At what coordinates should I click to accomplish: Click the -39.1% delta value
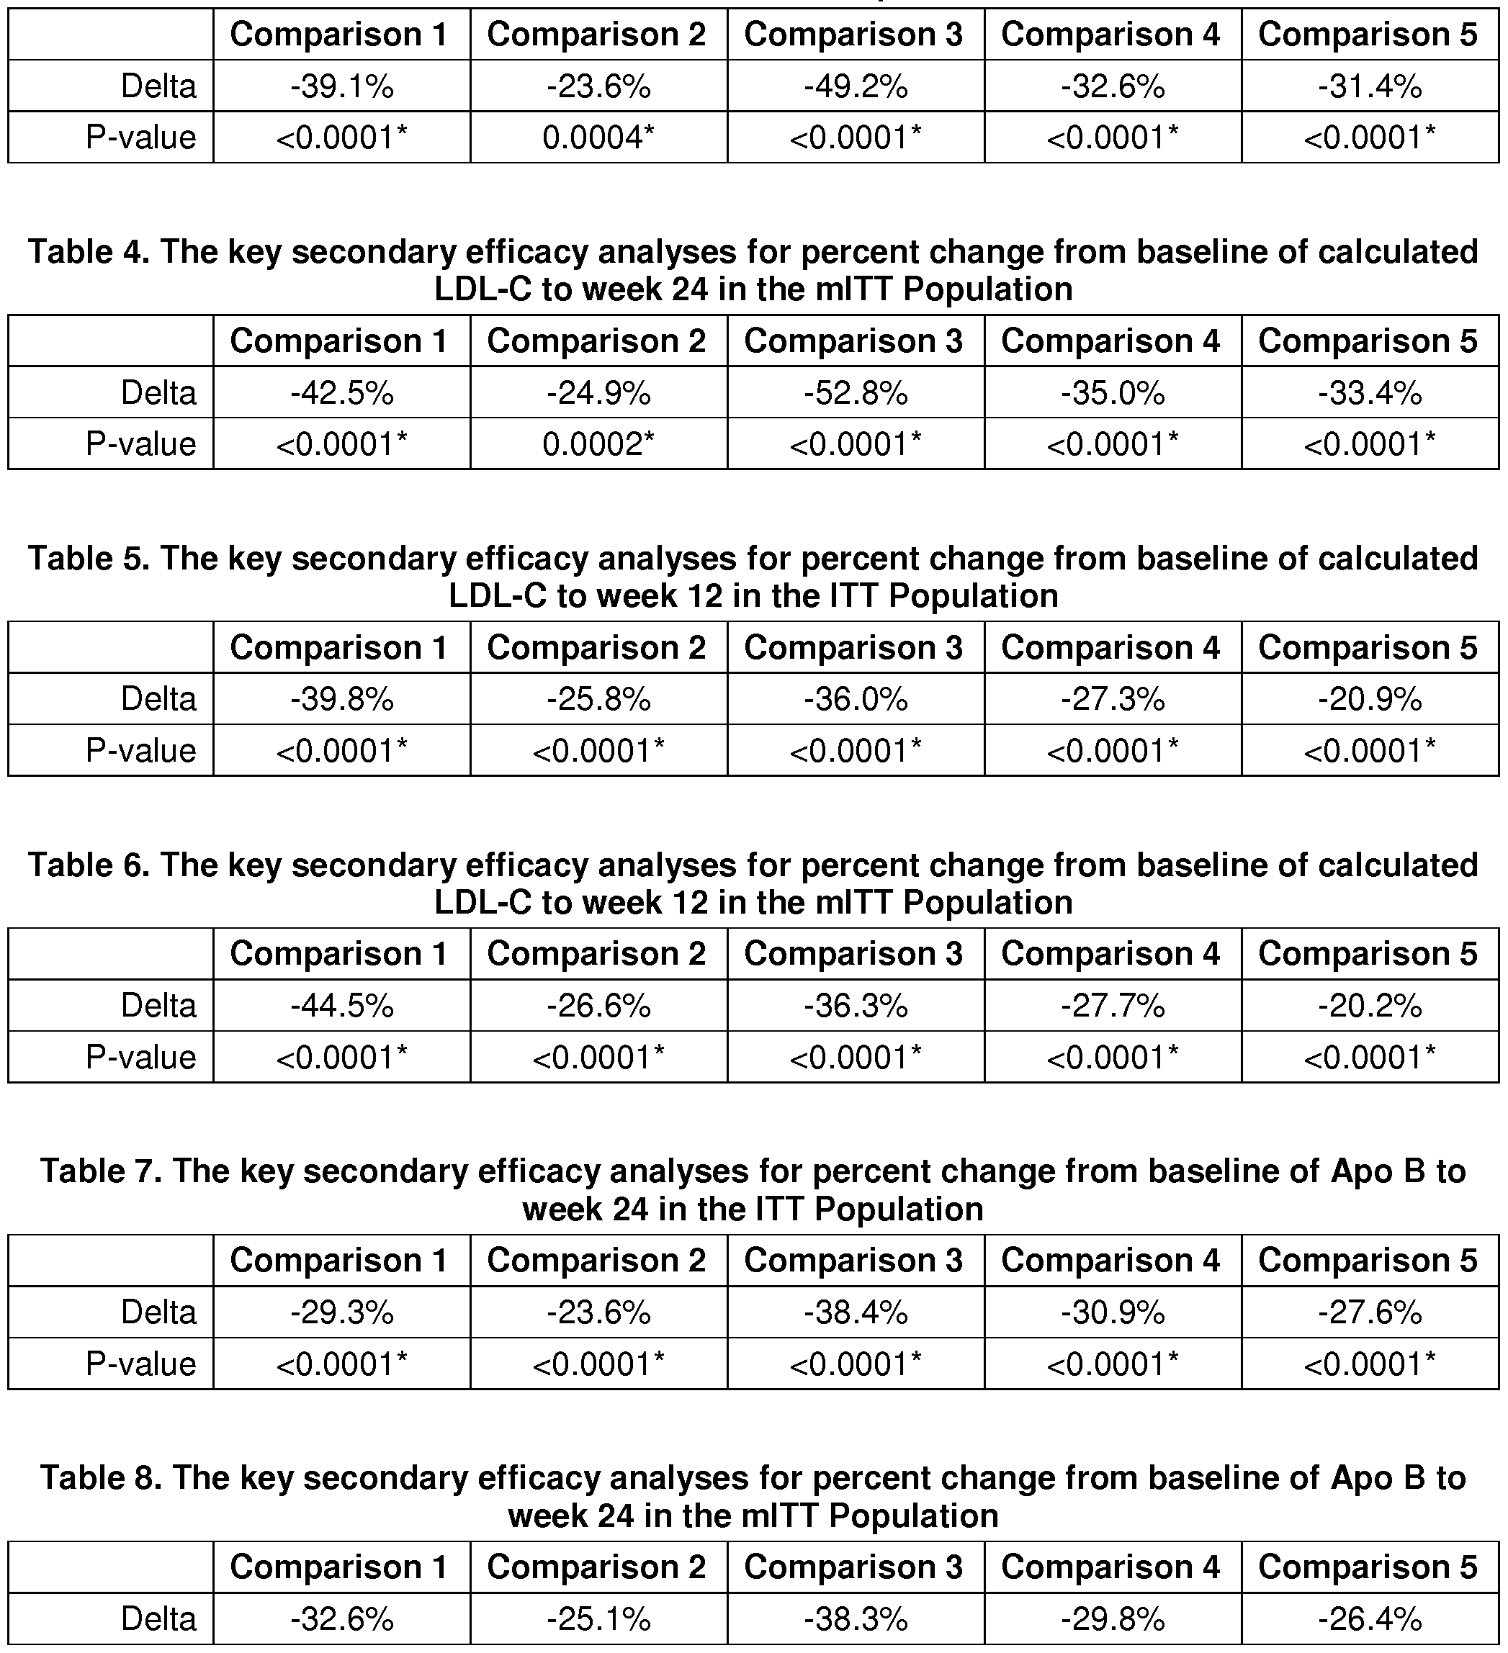click(x=342, y=86)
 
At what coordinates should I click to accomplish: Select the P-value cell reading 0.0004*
click(x=598, y=137)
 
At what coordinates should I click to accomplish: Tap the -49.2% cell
click(x=856, y=86)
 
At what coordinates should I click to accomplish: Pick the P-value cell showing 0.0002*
click(x=598, y=443)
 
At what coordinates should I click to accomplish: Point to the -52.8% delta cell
click(x=856, y=393)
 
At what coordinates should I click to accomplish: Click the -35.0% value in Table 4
click(x=1113, y=393)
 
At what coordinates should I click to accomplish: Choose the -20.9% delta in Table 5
click(x=1370, y=699)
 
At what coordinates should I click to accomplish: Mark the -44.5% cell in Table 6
click(x=342, y=1005)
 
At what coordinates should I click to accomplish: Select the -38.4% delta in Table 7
click(x=856, y=1312)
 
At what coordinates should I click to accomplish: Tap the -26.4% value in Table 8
click(x=1370, y=1618)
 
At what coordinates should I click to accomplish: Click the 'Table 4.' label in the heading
click(x=89, y=252)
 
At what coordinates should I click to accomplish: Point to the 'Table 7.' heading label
click(x=101, y=1171)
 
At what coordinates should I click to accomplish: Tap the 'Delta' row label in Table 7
click(x=158, y=1312)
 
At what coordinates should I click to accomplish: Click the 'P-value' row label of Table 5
click(x=141, y=750)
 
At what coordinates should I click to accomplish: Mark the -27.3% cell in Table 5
click(x=1113, y=699)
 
